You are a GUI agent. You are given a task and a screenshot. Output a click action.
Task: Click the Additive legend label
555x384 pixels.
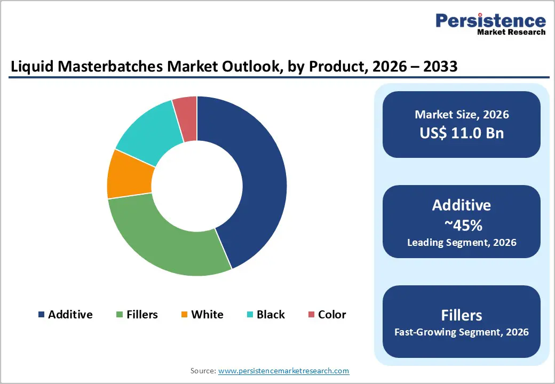pos(70,315)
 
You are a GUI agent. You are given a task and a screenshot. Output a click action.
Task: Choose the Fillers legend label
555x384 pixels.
pos(142,315)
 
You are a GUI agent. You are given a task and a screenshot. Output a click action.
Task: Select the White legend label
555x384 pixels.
pos(207,315)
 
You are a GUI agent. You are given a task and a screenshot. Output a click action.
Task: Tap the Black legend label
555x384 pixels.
pos(271,315)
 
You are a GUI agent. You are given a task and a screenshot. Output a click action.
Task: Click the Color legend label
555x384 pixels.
pos(332,315)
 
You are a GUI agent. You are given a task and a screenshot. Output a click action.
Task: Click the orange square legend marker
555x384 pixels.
pos(185,315)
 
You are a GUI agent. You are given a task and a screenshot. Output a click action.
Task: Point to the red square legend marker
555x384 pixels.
pos(311,315)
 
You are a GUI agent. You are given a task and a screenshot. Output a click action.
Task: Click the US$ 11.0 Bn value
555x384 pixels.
pos(462,133)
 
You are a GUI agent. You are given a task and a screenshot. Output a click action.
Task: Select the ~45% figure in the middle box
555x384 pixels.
pos(462,226)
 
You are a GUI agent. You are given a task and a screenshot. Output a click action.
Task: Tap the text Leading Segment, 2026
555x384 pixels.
pos(462,243)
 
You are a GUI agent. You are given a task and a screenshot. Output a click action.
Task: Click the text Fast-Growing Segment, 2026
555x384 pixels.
pos(462,332)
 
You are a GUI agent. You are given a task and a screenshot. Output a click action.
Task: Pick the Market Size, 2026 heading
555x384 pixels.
pos(462,115)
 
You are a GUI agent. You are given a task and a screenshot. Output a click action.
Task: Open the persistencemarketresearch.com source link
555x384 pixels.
pos(283,371)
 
